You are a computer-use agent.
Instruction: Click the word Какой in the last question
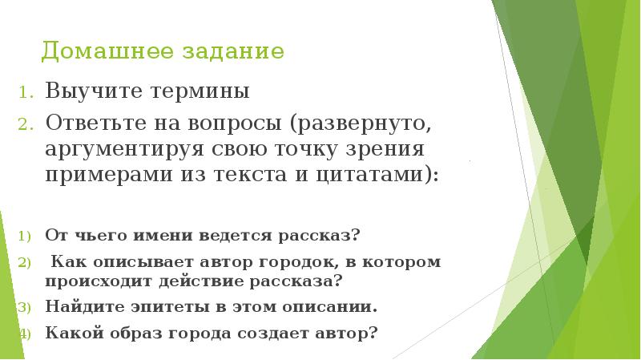click(x=71, y=331)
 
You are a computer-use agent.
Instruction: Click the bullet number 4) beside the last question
click(x=24, y=332)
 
